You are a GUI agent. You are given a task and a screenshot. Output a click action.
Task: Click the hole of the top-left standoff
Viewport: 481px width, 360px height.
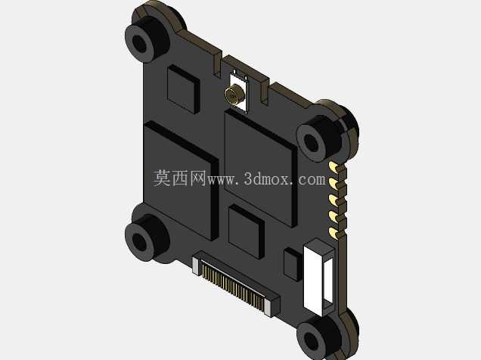tap(140, 44)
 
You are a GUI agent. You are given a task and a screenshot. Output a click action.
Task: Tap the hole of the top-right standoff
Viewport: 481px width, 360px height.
tap(312, 143)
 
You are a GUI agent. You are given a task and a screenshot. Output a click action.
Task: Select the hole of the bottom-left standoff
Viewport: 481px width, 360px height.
tap(140, 241)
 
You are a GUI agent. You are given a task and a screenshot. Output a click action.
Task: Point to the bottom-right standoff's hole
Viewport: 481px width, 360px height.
tap(312, 340)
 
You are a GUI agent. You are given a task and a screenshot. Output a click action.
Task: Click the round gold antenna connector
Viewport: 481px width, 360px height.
tap(234, 95)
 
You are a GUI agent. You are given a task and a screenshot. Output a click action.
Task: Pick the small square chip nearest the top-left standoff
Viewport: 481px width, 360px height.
tap(184, 89)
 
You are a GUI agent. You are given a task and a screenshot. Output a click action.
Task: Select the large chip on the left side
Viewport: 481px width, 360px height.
tap(181, 181)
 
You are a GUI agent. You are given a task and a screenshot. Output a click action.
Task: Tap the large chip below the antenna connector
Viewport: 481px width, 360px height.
tap(261, 169)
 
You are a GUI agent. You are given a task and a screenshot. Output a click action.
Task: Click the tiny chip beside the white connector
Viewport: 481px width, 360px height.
tap(293, 264)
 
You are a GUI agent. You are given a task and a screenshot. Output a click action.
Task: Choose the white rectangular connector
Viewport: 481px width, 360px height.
tap(318, 278)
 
